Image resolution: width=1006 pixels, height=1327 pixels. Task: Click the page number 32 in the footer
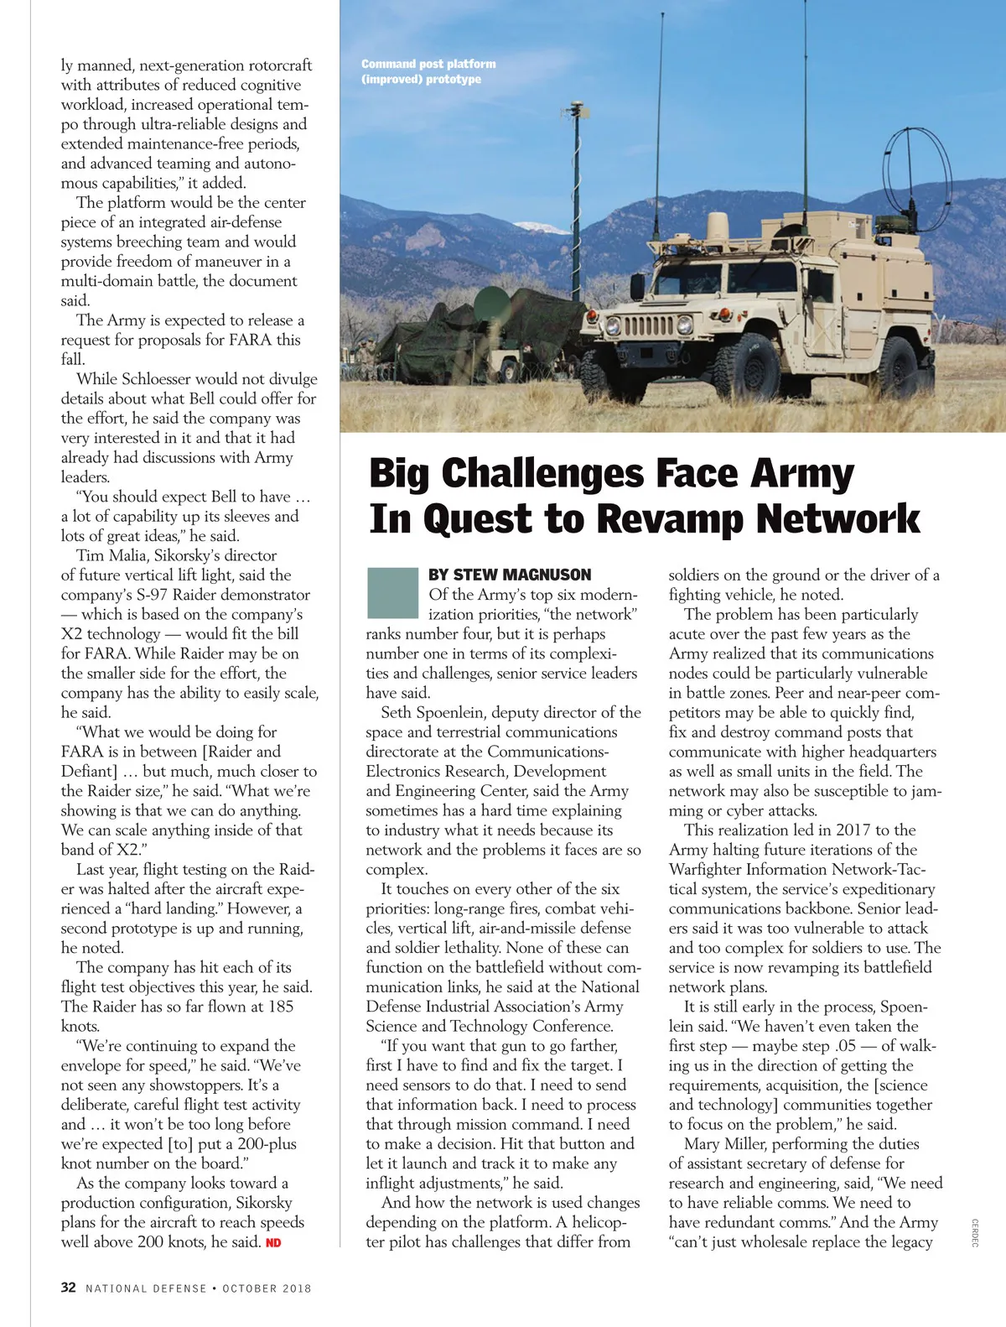pyautogui.click(x=69, y=1288)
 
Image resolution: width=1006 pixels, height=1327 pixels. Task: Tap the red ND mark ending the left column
pyautogui.click(x=273, y=1242)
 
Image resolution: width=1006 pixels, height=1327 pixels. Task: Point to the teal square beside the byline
pyautogui.click(x=392, y=593)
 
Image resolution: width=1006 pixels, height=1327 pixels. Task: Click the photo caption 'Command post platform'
pyautogui.click(x=428, y=64)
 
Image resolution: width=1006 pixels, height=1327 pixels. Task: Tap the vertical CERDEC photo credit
pyautogui.click(x=974, y=1232)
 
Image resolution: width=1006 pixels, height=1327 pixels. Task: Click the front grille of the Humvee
pyautogui.click(x=647, y=325)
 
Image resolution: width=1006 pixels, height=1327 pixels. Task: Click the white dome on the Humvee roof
pyautogui.click(x=718, y=226)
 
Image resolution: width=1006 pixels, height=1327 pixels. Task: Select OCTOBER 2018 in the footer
pyautogui.click(x=267, y=1288)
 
